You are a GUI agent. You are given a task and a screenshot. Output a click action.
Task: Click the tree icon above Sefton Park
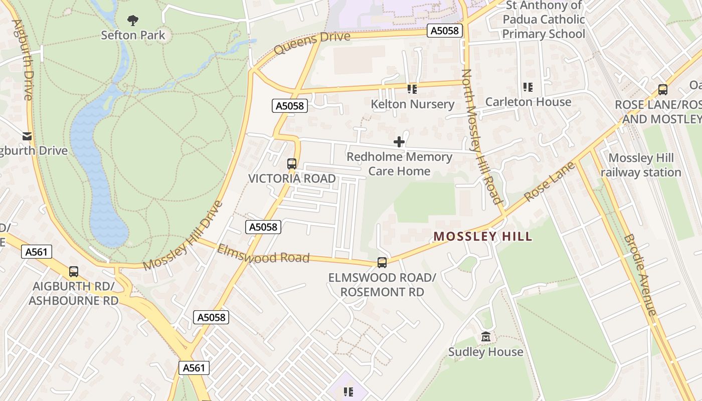(x=133, y=21)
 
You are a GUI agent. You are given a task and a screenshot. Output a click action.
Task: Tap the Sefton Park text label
(x=133, y=35)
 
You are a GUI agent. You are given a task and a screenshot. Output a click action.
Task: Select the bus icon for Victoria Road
(x=292, y=164)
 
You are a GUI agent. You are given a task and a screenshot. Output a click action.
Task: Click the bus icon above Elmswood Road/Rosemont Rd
(x=382, y=263)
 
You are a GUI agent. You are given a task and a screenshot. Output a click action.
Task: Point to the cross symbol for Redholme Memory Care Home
(x=399, y=142)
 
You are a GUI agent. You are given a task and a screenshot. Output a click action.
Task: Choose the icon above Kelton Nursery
(x=412, y=89)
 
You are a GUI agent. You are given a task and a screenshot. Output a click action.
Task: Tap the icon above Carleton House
(x=528, y=87)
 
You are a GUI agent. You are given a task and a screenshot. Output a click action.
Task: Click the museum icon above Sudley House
(x=485, y=337)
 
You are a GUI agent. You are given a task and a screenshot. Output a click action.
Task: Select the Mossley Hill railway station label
(x=641, y=165)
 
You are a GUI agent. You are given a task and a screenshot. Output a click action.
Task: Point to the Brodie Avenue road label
(x=640, y=275)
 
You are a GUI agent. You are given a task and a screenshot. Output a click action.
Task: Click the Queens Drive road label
(x=312, y=43)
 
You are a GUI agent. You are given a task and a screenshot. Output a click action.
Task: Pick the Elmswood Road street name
(x=263, y=255)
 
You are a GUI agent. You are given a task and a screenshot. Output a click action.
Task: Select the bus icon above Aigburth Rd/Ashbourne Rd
(x=74, y=272)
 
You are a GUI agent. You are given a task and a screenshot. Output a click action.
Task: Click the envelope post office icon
(x=27, y=136)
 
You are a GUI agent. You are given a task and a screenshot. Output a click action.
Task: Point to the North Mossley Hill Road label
(x=482, y=136)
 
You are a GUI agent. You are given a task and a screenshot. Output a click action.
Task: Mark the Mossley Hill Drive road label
(x=183, y=236)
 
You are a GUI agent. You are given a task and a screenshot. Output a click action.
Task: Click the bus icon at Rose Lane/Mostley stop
(x=663, y=90)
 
